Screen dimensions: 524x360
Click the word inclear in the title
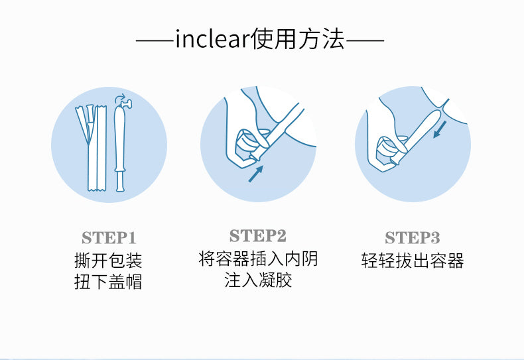212,38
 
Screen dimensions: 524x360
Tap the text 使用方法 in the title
297,38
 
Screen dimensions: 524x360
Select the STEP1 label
109,238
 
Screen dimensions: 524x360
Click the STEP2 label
257,236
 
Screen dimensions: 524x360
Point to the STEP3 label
413,238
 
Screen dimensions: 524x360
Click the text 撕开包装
108,261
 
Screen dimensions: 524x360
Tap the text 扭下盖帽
108,282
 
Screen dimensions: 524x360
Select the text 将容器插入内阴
258,259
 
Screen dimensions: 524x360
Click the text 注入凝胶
258,280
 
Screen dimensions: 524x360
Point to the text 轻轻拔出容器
413,261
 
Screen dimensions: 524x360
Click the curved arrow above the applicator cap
119,98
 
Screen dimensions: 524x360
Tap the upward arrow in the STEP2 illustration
256,174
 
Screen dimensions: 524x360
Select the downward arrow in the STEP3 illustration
440,129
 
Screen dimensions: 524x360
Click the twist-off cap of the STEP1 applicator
126,105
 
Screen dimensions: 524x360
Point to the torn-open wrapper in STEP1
92,148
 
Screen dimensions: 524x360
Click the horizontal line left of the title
155,40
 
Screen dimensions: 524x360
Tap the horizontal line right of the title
365,40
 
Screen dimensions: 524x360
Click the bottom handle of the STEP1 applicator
120,181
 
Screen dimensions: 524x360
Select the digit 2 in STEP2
281,236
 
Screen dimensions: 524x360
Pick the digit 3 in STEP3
434,238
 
